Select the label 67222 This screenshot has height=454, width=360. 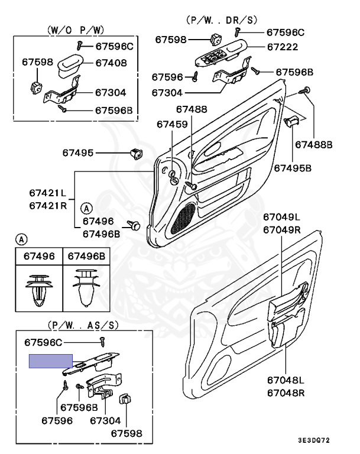[x=283, y=47]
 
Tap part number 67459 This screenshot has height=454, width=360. [x=171, y=124]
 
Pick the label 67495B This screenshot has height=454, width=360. [x=292, y=168]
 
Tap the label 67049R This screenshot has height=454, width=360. [x=282, y=229]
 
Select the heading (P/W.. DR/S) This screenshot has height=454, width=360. [x=222, y=20]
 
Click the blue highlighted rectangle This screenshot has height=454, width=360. [x=51, y=361]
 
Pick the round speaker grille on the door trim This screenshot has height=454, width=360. [x=184, y=218]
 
